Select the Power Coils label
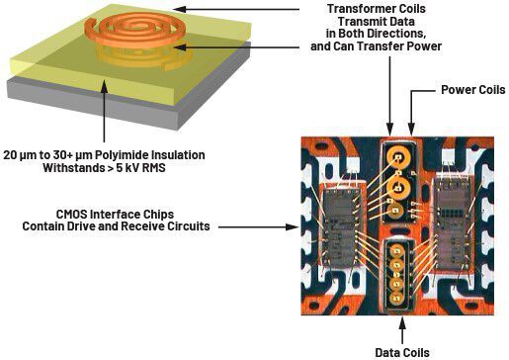coord(472,89)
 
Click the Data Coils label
coord(401,351)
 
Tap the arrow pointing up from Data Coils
coord(401,321)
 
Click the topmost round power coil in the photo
coord(400,157)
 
